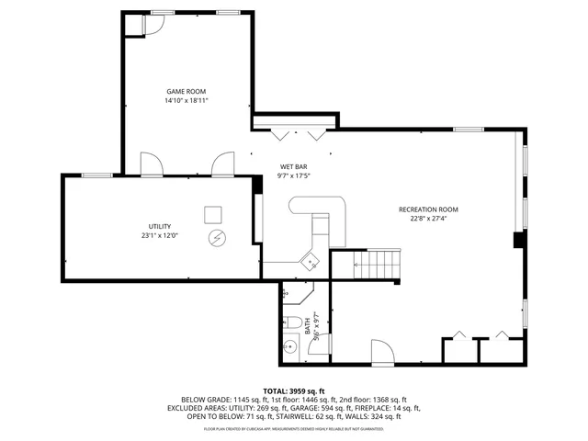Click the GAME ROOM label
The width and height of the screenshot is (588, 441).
coord(186,91)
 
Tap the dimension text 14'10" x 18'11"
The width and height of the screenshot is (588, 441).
coord(186,100)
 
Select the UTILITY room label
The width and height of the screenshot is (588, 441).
coord(159,226)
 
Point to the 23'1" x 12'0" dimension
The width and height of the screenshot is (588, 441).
coord(159,235)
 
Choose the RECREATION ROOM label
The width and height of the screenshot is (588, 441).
coord(427,209)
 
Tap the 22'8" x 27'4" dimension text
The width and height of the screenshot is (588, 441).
coord(427,219)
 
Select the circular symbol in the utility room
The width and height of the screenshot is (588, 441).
coord(217,238)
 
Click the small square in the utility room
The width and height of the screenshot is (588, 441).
coord(212,215)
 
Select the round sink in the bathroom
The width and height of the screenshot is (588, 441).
coord(289,346)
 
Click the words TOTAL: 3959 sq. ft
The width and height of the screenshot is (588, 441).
coord(293,390)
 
